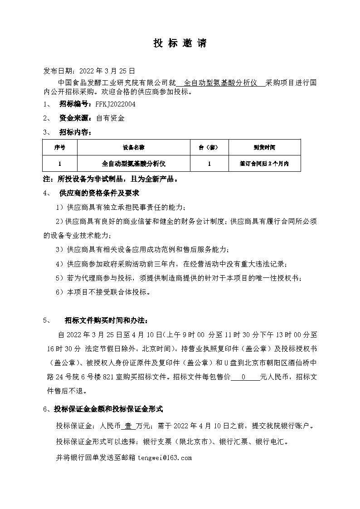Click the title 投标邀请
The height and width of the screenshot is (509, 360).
point(180,44)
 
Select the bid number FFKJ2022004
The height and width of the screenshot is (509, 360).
point(115,104)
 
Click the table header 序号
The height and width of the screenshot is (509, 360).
point(60,148)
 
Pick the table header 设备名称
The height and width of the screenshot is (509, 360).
point(133,148)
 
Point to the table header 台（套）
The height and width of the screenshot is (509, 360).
point(209,148)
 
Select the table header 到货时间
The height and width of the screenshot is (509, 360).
point(264,148)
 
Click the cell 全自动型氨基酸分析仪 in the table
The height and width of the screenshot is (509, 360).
point(133,164)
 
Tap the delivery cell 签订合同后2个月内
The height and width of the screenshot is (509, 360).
point(264,164)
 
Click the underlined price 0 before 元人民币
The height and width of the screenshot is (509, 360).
point(243,377)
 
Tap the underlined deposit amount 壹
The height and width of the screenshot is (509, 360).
point(128,427)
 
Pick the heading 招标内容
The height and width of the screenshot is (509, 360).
point(75,133)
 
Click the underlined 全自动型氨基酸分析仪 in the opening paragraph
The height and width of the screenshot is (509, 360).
point(221,83)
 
